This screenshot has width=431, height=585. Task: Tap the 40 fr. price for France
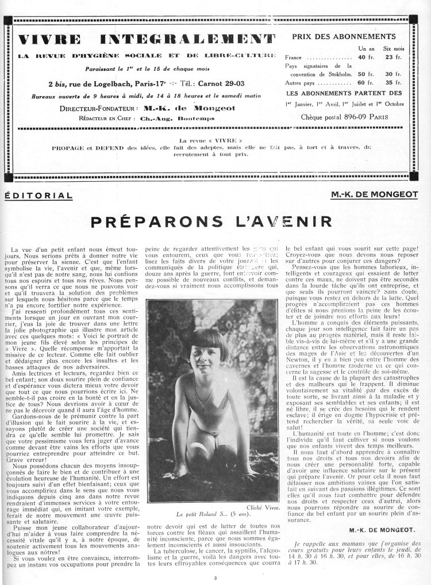click(364, 58)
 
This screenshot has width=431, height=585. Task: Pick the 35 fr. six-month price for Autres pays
click(393, 83)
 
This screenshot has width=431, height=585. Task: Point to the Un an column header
click(365, 49)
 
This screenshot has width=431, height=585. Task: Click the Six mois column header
click(392, 49)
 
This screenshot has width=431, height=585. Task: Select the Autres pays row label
click(299, 83)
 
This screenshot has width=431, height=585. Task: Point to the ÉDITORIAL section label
click(39, 195)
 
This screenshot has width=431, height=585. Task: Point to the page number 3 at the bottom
click(215, 578)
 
